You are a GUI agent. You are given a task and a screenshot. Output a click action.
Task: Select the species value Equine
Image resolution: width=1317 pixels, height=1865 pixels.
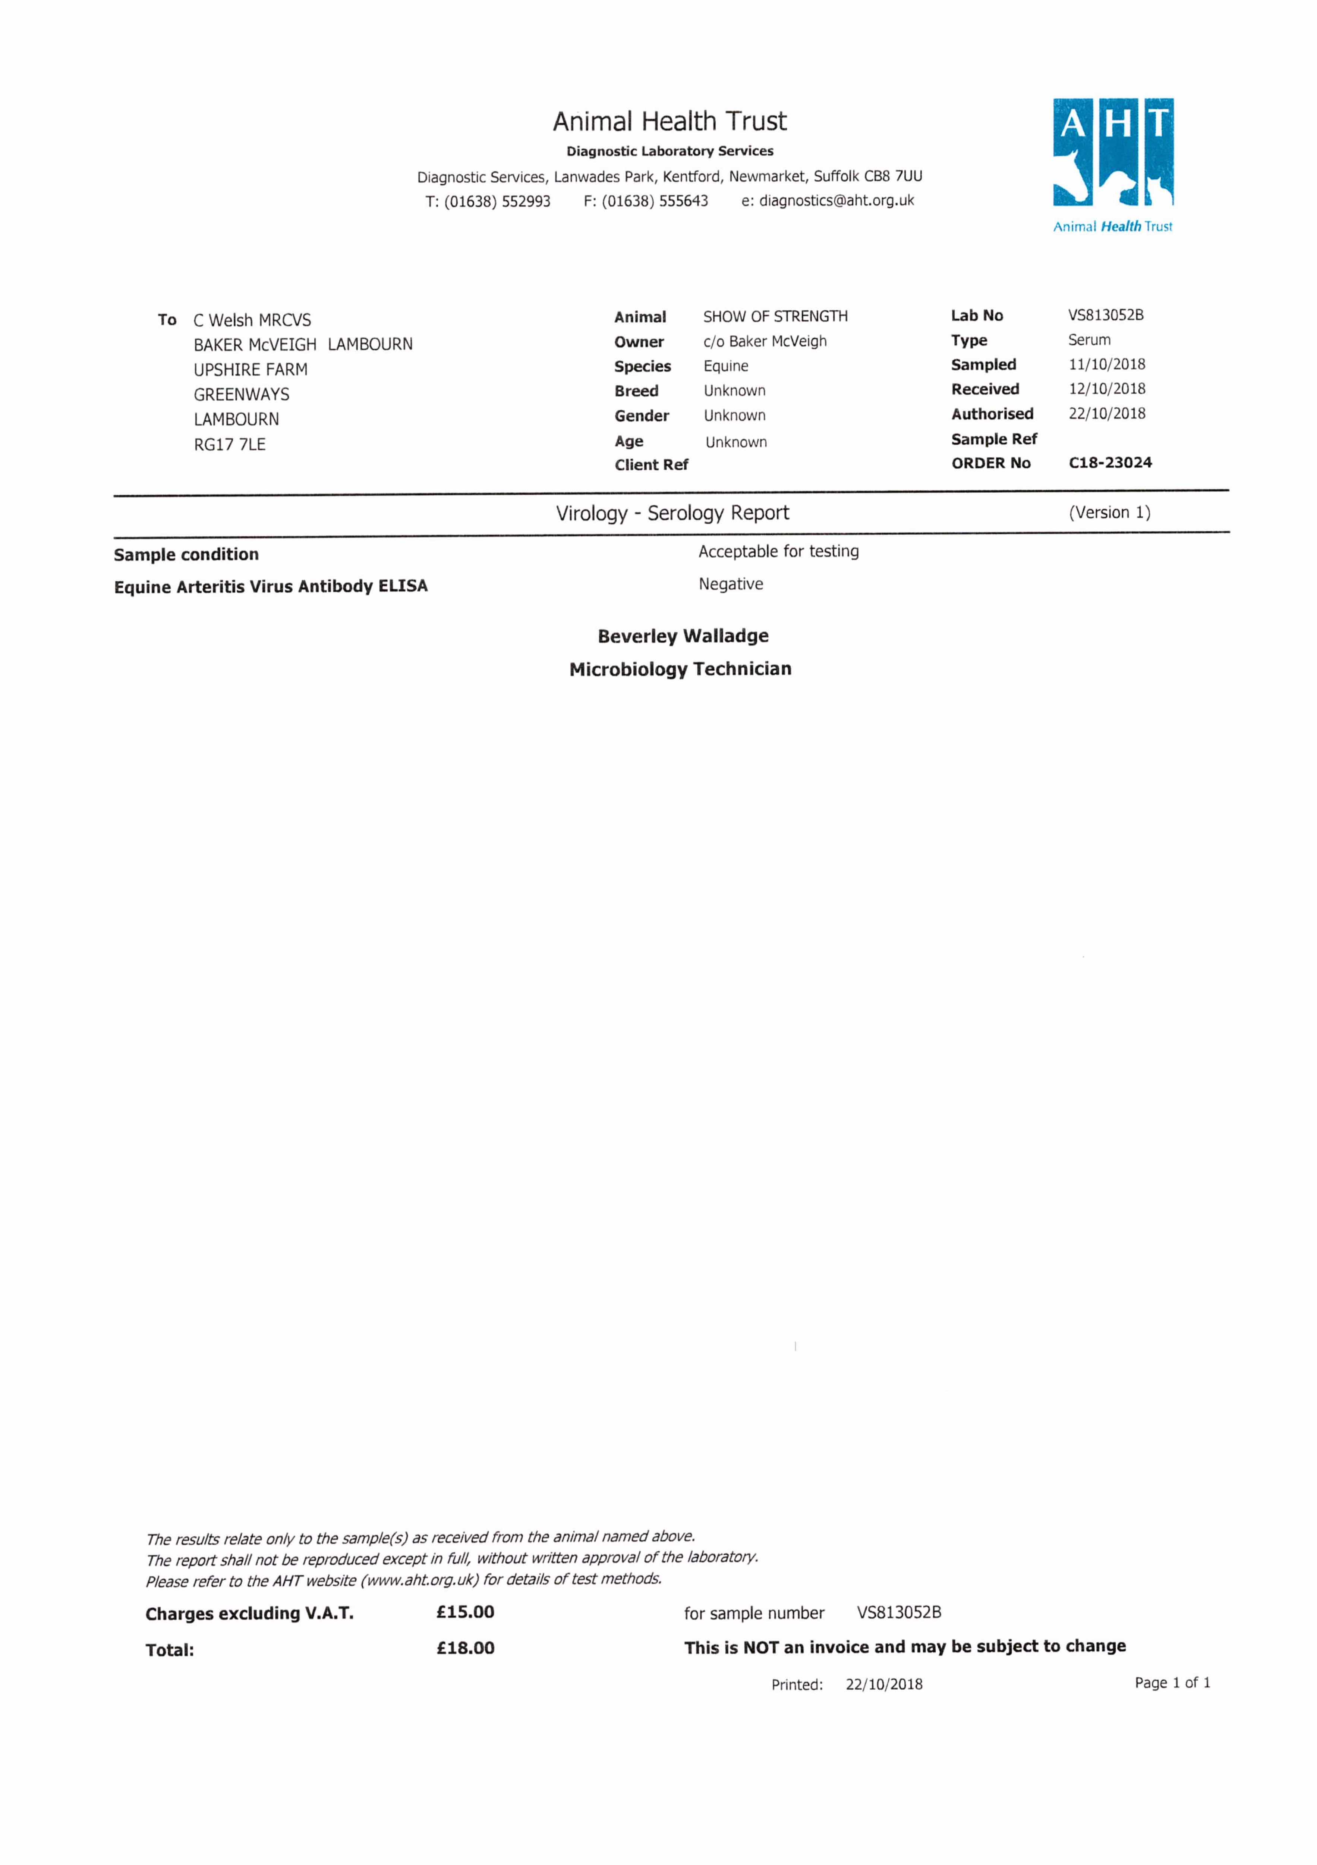point(726,366)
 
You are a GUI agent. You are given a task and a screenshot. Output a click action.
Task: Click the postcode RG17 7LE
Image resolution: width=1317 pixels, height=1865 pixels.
point(230,444)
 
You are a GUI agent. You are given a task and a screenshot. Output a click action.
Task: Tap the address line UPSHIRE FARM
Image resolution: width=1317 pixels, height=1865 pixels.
point(250,370)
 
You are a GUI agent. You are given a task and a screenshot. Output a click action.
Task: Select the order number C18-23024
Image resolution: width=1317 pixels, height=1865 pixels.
point(1110,463)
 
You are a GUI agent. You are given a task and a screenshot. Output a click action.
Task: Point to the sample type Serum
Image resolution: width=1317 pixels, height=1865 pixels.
point(1089,340)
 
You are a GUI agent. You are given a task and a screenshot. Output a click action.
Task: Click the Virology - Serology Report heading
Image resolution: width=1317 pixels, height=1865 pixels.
point(672,513)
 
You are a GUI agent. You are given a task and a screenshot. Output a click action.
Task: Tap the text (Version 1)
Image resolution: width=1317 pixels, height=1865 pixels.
point(1109,513)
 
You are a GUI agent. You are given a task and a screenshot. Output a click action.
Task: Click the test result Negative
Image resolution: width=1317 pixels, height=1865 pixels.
point(731,584)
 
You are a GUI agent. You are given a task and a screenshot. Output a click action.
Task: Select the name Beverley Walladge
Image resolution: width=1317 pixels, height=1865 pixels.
point(683,636)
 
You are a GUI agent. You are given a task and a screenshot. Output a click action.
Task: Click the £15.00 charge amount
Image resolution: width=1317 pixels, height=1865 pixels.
point(465,1612)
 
